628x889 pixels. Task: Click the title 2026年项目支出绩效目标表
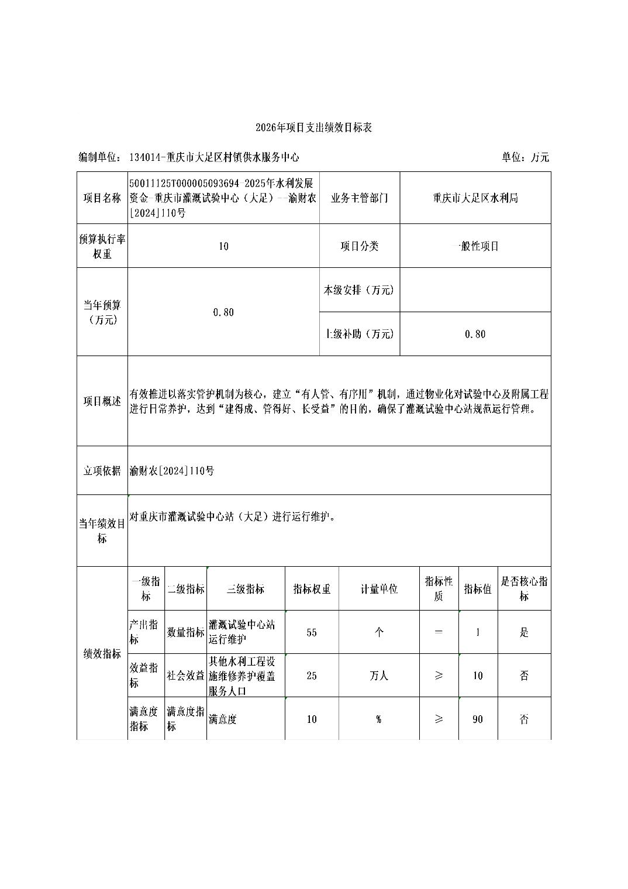click(x=314, y=128)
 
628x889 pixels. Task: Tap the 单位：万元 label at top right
click(x=525, y=157)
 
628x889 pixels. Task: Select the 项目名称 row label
click(x=102, y=198)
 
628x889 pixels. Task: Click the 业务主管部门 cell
click(x=360, y=198)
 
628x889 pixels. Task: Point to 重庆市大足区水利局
click(x=475, y=198)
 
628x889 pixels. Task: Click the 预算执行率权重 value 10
click(x=223, y=246)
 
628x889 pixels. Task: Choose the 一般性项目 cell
click(x=475, y=246)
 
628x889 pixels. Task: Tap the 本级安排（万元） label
click(x=360, y=290)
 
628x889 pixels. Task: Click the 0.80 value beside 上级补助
click(x=475, y=334)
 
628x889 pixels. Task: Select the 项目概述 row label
click(x=102, y=401)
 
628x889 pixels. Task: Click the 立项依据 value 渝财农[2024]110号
click(x=172, y=471)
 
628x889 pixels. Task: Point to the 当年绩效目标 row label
click(x=102, y=531)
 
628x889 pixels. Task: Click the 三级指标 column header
click(x=246, y=589)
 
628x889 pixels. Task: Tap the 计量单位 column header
click(x=379, y=589)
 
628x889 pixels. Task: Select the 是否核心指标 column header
click(x=524, y=589)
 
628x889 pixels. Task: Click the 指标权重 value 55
click(x=312, y=632)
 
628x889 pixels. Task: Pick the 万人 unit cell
click(x=379, y=676)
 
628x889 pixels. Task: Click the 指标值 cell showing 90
click(x=478, y=719)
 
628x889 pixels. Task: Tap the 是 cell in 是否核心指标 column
click(x=524, y=632)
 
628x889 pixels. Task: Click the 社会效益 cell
click(x=185, y=676)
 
